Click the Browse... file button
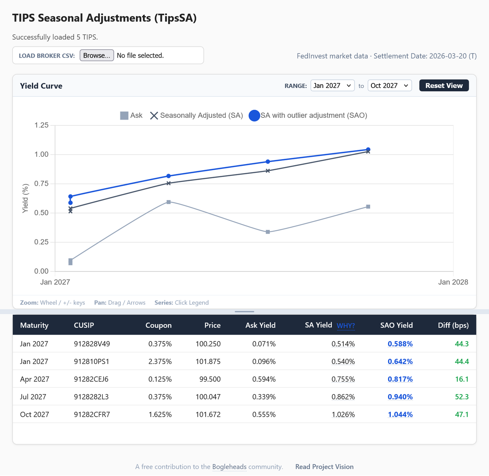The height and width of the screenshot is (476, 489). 97,55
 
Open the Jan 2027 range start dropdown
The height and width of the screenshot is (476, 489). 332,86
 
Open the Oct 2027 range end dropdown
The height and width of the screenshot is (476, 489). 389,86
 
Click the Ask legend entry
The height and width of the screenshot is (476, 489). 131,115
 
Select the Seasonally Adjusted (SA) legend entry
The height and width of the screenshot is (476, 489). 196,115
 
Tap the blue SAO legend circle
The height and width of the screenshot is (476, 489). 254,115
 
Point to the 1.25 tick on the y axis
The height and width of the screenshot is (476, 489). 42,125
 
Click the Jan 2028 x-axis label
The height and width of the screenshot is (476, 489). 453,282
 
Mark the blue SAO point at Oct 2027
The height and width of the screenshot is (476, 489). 368,149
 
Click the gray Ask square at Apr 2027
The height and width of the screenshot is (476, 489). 168,202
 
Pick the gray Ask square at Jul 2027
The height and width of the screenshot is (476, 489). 268,232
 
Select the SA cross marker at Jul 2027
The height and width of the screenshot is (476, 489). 268,171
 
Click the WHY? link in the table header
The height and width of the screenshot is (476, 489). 346,326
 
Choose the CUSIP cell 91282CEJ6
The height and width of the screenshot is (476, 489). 91,379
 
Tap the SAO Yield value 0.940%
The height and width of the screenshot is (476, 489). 400,397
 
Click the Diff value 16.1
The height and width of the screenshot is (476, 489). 461,379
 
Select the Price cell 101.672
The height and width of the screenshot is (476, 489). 208,414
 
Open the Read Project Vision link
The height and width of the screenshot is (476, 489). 324,467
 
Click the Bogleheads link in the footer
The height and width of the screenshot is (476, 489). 229,467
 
